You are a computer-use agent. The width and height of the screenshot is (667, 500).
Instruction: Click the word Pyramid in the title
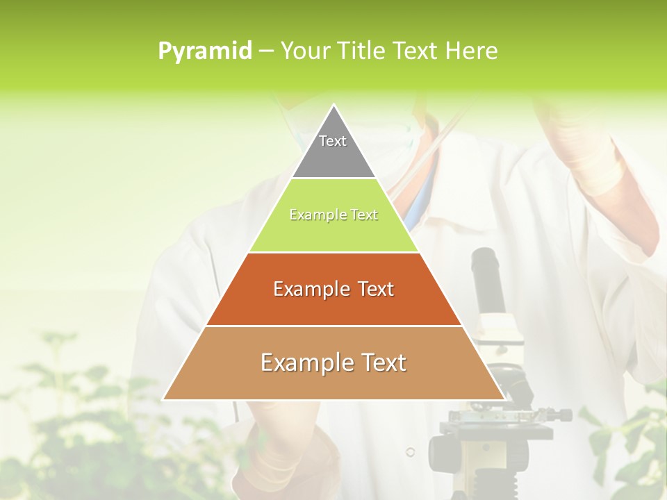point(204,51)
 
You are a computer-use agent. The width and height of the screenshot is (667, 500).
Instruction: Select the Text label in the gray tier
point(333,141)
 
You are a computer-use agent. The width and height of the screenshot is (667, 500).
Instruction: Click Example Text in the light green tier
point(333,215)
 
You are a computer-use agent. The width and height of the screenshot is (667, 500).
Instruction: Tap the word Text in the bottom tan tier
point(381,362)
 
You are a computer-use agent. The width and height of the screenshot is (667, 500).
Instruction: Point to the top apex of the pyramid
point(334,106)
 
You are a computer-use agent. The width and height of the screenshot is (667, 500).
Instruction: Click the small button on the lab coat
point(410,452)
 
